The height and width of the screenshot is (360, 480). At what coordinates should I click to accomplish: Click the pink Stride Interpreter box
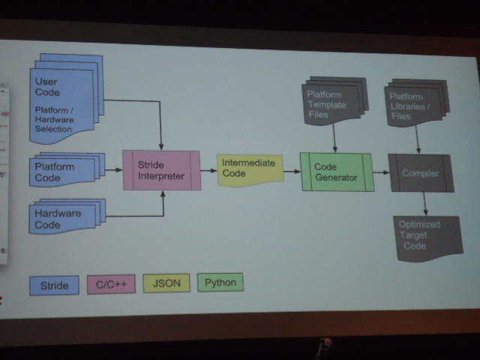(x=161, y=170)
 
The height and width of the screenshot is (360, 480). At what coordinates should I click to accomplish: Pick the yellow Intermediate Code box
(x=249, y=169)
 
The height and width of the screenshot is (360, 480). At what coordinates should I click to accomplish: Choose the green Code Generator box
(x=335, y=172)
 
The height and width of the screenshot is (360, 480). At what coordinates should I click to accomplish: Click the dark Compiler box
(x=419, y=173)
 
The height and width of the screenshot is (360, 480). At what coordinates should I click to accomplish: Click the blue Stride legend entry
(x=54, y=286)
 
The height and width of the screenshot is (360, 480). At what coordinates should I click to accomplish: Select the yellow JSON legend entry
(x=166, y=283)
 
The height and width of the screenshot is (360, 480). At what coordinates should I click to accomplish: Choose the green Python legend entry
(x=220, y=283)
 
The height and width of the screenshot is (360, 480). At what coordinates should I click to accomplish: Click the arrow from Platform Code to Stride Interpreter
(x=113, y=170)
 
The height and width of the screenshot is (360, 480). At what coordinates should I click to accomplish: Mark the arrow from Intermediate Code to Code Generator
(x=292, y=172)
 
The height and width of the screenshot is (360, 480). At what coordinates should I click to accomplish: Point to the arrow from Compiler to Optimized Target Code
(x=424, y=202)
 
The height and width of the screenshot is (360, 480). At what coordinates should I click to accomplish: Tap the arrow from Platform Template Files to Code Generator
(x=334, y=138)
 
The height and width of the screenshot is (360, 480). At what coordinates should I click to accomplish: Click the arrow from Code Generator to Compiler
(x=379, y=172)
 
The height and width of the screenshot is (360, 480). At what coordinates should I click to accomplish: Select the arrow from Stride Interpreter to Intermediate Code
(x=208, y=170)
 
